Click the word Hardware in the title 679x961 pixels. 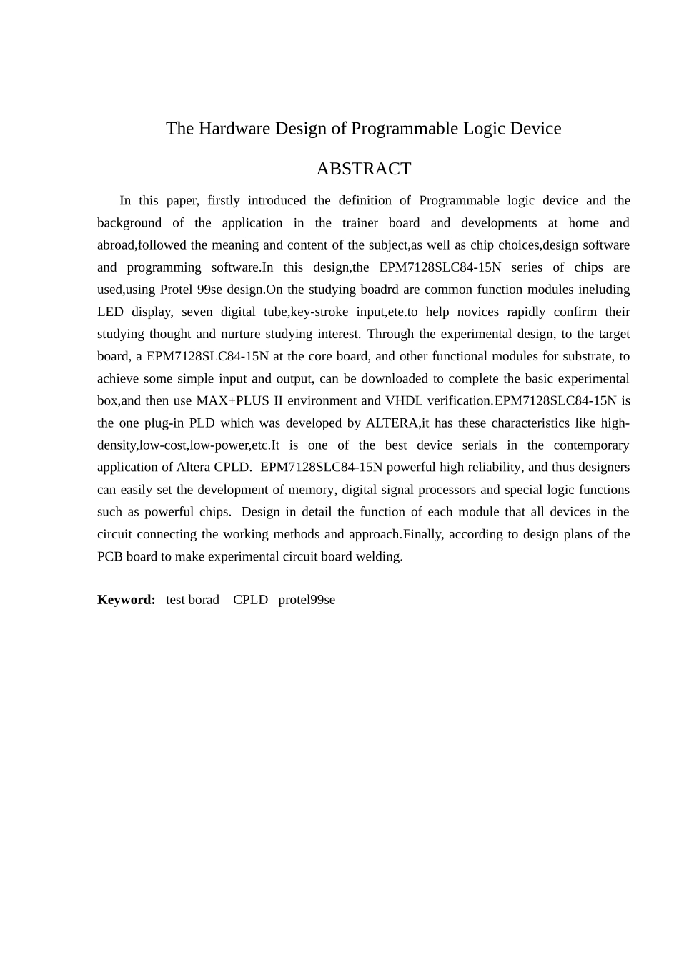click(232, 129)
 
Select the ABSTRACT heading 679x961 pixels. click(363, 169)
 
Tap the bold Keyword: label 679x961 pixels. click(126, 600)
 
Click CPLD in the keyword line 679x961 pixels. click(250, 600)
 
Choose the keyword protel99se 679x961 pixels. click(307, 600)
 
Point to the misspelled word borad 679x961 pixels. click(203, 600)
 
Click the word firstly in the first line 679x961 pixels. click(223, 201)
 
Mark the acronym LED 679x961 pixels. click(110, 312)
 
